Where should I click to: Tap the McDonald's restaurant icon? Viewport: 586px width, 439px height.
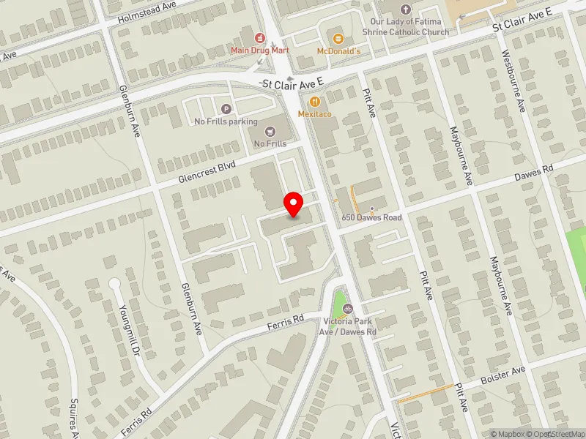point(338,38)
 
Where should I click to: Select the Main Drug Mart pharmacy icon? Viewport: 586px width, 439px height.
point(259,37)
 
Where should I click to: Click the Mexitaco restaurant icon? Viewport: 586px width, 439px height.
point(315,102)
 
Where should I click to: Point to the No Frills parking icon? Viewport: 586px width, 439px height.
point(226,109)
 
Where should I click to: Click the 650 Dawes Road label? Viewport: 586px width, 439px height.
point(372,217)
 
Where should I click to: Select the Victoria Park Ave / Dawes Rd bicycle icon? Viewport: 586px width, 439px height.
point(349,309)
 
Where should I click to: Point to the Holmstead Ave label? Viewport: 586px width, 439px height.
point(149,12)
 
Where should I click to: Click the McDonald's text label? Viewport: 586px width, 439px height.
point(338,50)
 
